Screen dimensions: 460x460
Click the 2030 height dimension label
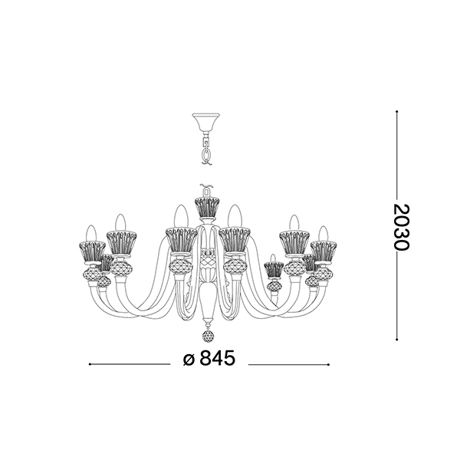pos(401,227)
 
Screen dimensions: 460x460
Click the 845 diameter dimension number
pos(218,358)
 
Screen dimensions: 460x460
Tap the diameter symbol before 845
pos(189,360)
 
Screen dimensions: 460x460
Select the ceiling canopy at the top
pos(205,123)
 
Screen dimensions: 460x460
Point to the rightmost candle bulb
pos(324,234)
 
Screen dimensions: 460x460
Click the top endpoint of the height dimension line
pos(396,111)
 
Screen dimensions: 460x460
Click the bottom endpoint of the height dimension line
pos(396,340)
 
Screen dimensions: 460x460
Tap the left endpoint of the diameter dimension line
pos(90,364)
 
